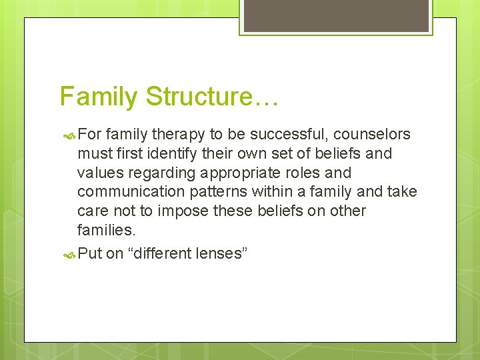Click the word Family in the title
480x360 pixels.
[99, 97]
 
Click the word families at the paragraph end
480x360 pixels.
[104, 231]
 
